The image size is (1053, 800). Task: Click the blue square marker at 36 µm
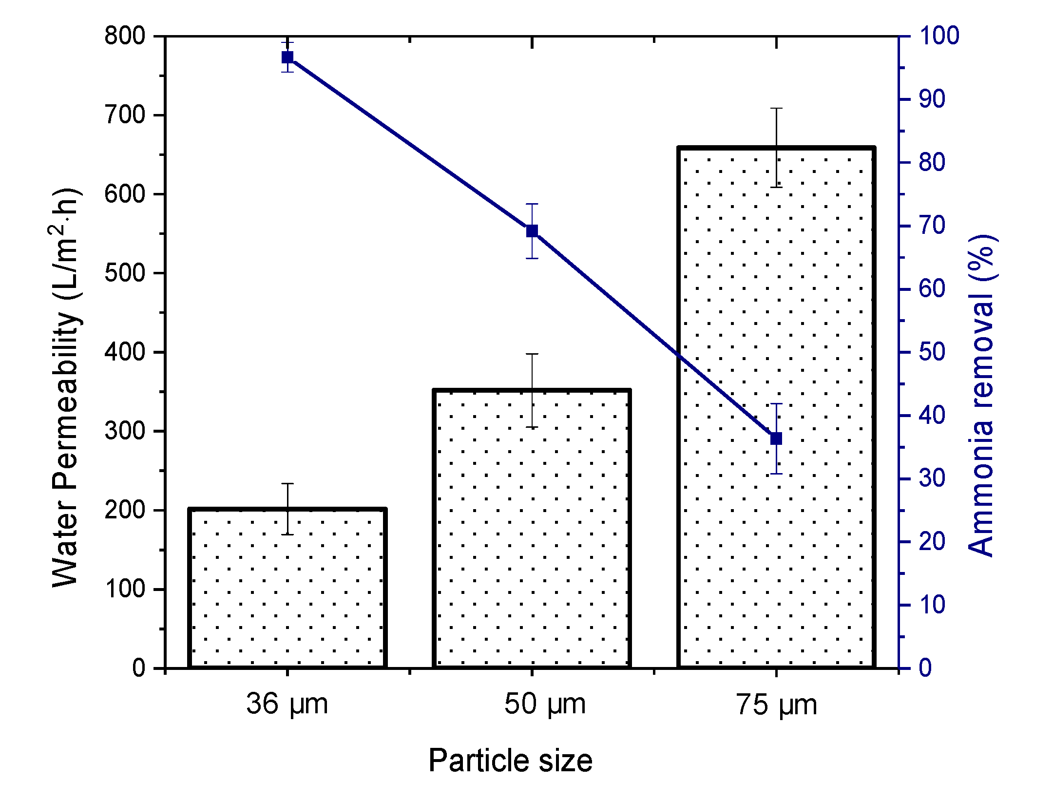[x=287, y=57]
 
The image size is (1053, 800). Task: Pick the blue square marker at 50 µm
[x=532, y=231]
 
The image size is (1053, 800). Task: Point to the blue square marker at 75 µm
[x=776, y=438]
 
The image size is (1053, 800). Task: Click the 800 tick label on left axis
[x=125, y=36]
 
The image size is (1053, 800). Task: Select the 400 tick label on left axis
[x=125, y=352]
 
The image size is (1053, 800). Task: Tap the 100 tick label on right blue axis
[x=939, y=36]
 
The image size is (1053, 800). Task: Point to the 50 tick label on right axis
[x=932, y=352]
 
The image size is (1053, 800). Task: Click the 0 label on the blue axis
[x=925, y=667]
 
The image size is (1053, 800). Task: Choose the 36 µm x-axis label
[x=287, y=704]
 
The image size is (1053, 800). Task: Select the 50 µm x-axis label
[x=545, y=704]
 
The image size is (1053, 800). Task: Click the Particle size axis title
[x=510, y=761]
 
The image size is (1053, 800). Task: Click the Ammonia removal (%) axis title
[x=980, y=395]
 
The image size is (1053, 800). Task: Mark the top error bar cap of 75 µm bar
[x=776, y=108]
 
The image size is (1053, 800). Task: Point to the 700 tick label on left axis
[x=125, y=115]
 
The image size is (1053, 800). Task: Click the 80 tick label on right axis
[x=932, y=162]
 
